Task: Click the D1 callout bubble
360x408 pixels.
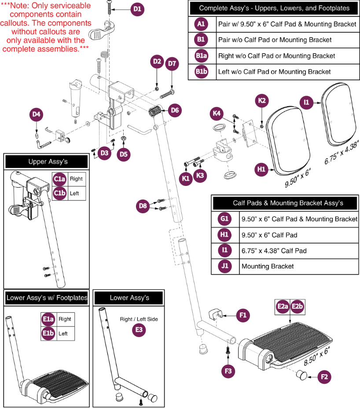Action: tap(137, 8)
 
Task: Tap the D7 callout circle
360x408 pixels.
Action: tap(172, 64)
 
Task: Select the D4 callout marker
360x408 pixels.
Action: tap(37, 115)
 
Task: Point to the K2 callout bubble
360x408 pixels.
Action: tap(262, 100)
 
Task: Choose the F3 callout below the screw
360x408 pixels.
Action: tap(228, 371)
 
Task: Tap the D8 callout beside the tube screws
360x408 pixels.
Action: tap(142, 205)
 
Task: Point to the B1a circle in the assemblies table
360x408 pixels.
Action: tap(202, 56)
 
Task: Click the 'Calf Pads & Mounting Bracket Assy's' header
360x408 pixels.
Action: tap(288, 203)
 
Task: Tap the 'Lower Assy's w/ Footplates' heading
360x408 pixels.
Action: tap(47, 298)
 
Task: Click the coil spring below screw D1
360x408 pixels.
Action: tap(103, 56)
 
